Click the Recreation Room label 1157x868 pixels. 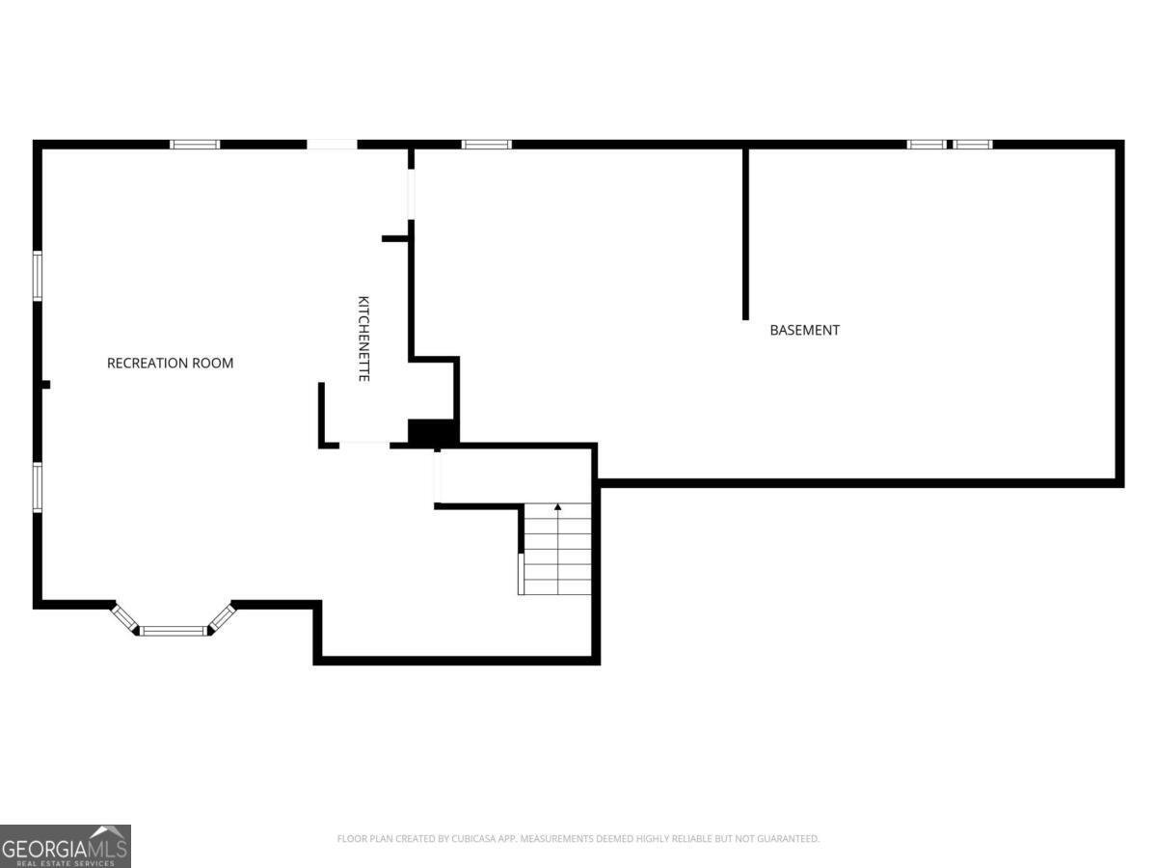(x=171, y=364)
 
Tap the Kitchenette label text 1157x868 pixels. (x=363, y=339)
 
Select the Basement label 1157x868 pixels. (x=804, y=331)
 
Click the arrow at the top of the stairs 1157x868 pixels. (x=557, y=507)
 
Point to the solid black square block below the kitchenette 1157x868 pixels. (x=432, y=432)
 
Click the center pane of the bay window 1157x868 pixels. (x=173, y=631)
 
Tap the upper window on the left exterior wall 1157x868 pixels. (x=38, y=276)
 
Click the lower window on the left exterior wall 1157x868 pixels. (x=38, y=487)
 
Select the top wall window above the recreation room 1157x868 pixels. (x=195, y=145)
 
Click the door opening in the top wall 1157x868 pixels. (x=332, y=145)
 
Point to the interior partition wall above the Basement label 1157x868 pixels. (x=745, y=234)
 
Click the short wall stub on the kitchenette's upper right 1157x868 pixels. (x=394, y=239)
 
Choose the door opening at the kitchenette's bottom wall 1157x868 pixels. (x=364, y=446)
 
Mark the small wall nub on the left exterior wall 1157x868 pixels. (x=46, y=385)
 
